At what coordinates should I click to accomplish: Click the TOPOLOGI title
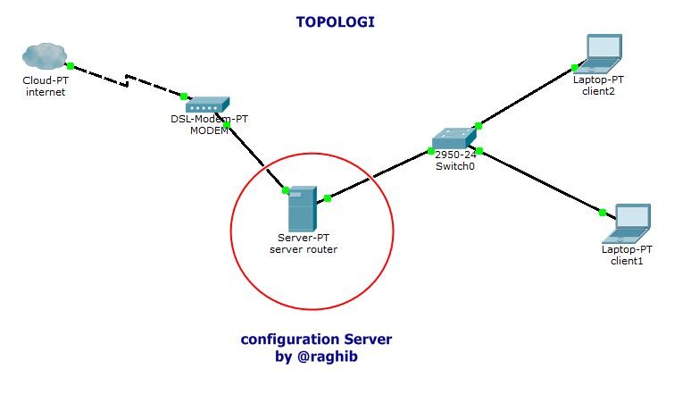(x=335, y=21)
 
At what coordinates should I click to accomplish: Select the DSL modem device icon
(x=207, y=105)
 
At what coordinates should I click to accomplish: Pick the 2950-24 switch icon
(x=454, y=138)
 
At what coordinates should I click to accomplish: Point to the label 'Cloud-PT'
(x=45, y=80)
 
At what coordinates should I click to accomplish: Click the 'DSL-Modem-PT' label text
(x=210, y=119)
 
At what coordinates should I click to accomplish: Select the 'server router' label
(x=304, y=249)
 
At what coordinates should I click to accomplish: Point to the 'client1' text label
(x=627, y=261)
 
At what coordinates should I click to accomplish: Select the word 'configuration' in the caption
(x=286, y=340)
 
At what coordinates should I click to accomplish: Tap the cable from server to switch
(x=379, y=175)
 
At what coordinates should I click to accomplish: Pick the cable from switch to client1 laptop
(x=540, y=180)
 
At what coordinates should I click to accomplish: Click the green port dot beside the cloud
(x=70, y=66)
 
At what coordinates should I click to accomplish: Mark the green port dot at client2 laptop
(x=577, y=66)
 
